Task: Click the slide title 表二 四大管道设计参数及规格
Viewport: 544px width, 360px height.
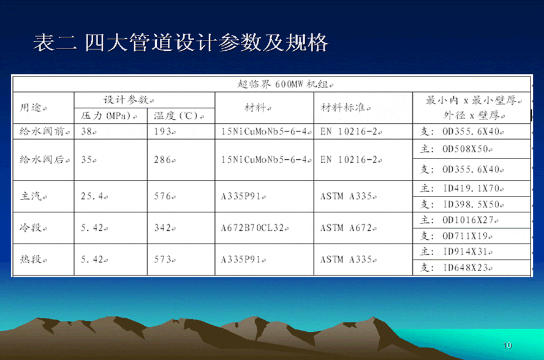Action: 180,43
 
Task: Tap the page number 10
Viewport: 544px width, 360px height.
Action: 507,345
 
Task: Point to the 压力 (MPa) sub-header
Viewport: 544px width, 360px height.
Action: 108,116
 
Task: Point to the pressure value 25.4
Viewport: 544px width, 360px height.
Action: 94,197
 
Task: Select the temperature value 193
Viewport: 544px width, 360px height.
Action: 165,132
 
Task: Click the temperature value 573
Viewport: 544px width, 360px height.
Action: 165,260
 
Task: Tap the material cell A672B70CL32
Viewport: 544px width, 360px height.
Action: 255,228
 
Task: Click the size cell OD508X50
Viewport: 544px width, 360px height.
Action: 456,149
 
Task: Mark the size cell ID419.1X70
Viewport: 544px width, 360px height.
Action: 462,189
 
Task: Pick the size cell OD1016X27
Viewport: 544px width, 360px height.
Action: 459,220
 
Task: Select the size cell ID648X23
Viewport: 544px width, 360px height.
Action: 456,268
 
